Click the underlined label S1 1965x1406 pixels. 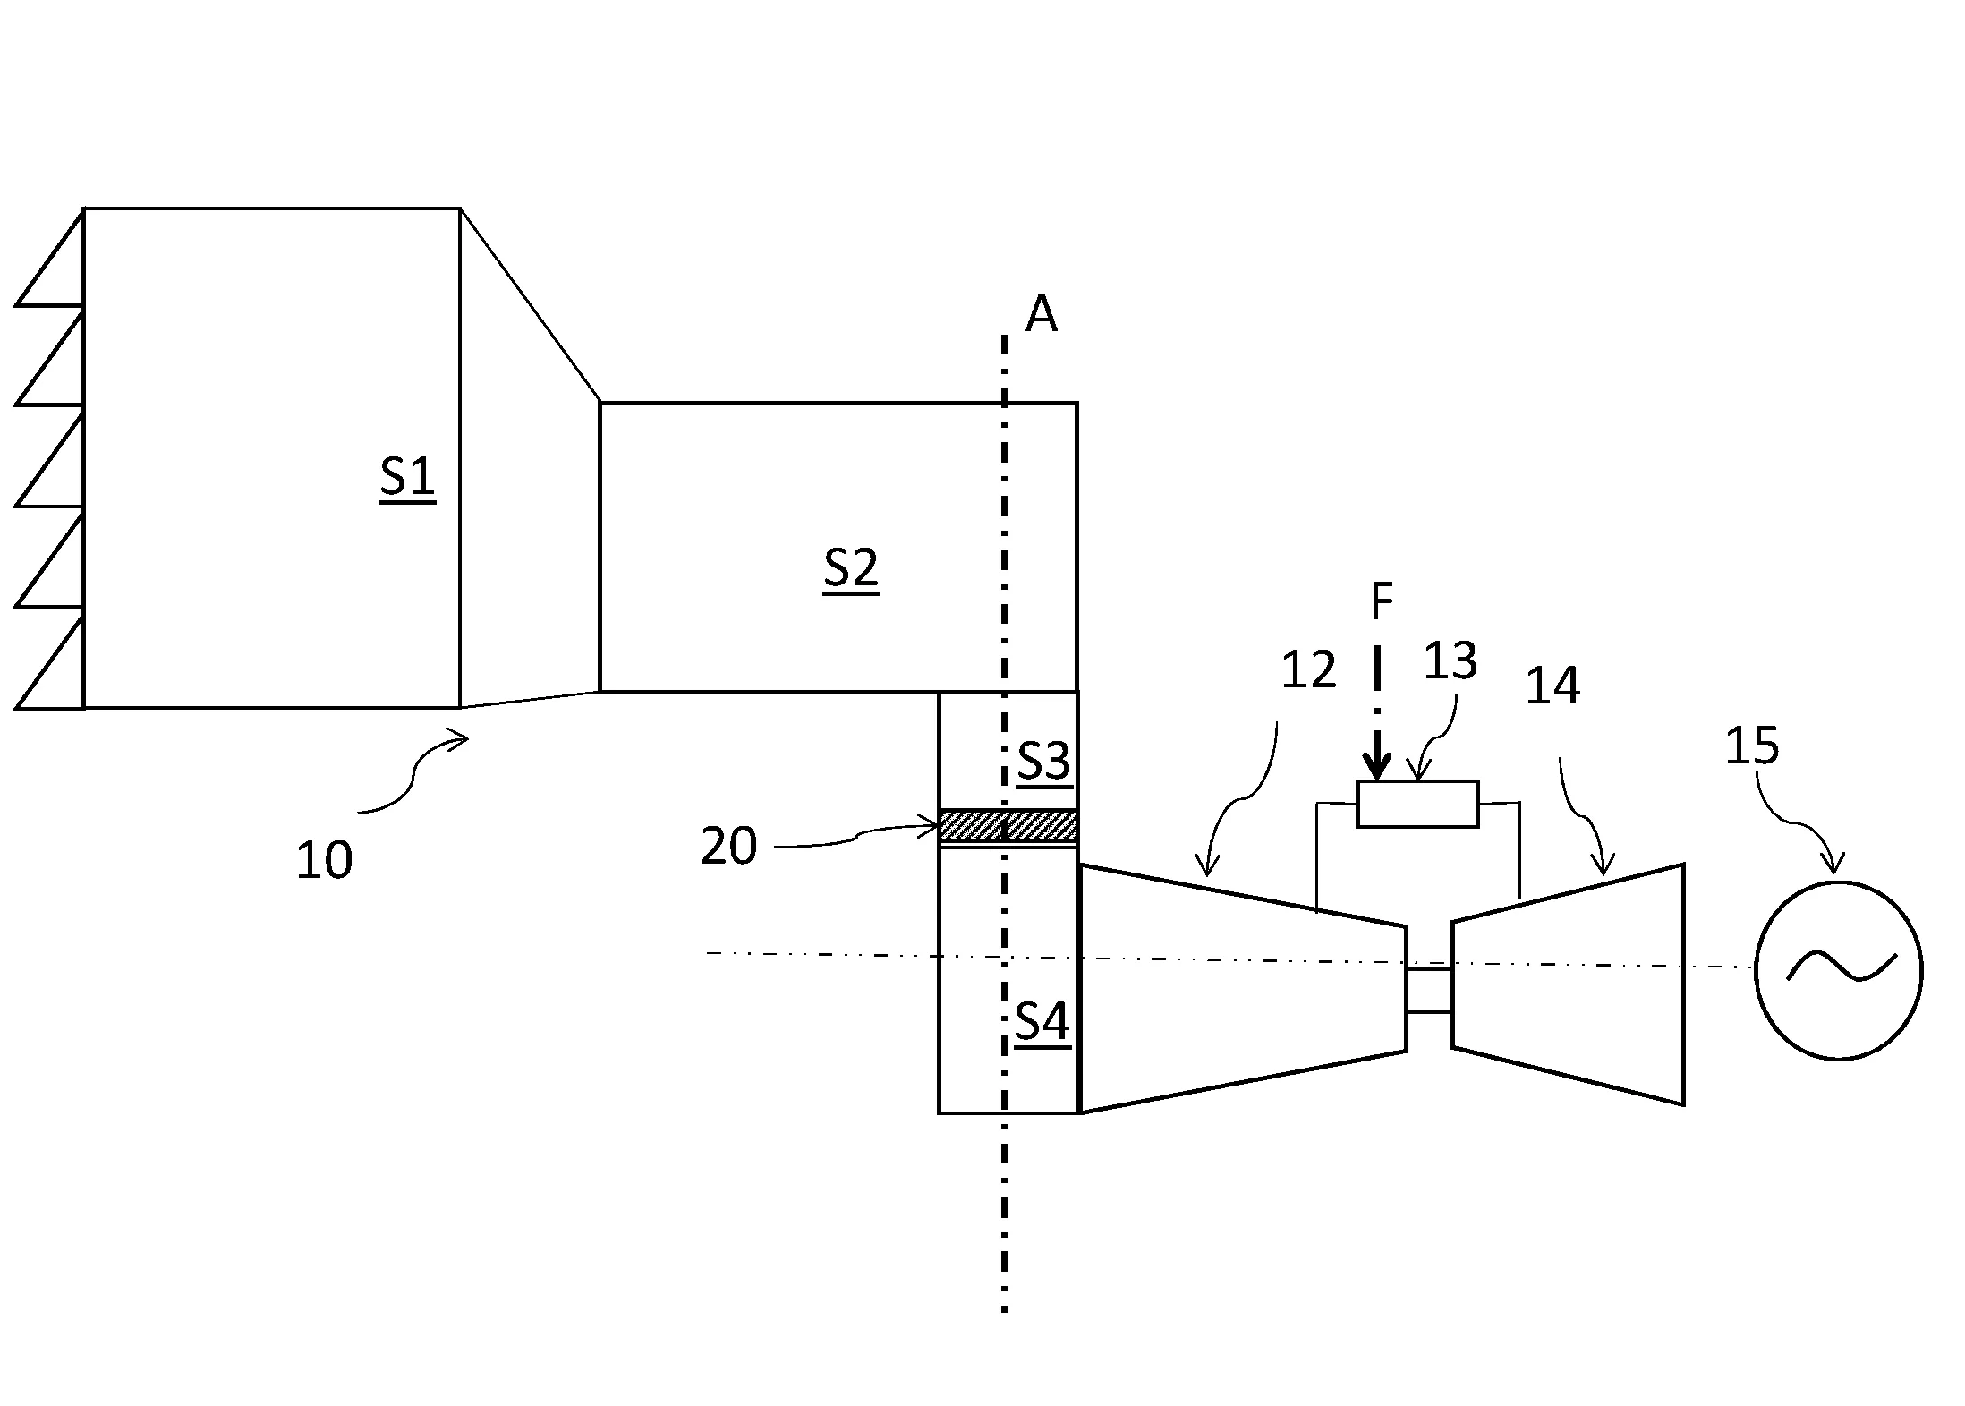click(x=407, y=478)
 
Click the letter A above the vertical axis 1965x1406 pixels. click(x=1041, y=315)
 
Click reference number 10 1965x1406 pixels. click(x=324, y=861)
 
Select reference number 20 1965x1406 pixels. click(x=728, y=846)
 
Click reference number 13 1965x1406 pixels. click(x=1450, y=660)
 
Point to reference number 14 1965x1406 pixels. click(x=1552, y=686)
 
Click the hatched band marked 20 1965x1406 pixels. click(x=1008, y=825)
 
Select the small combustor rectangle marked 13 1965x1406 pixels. click(x=1417, y=804)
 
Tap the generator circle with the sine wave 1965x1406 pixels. click(x=1839, y=971)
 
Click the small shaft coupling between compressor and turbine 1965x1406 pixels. click(x=1428, y=990)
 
